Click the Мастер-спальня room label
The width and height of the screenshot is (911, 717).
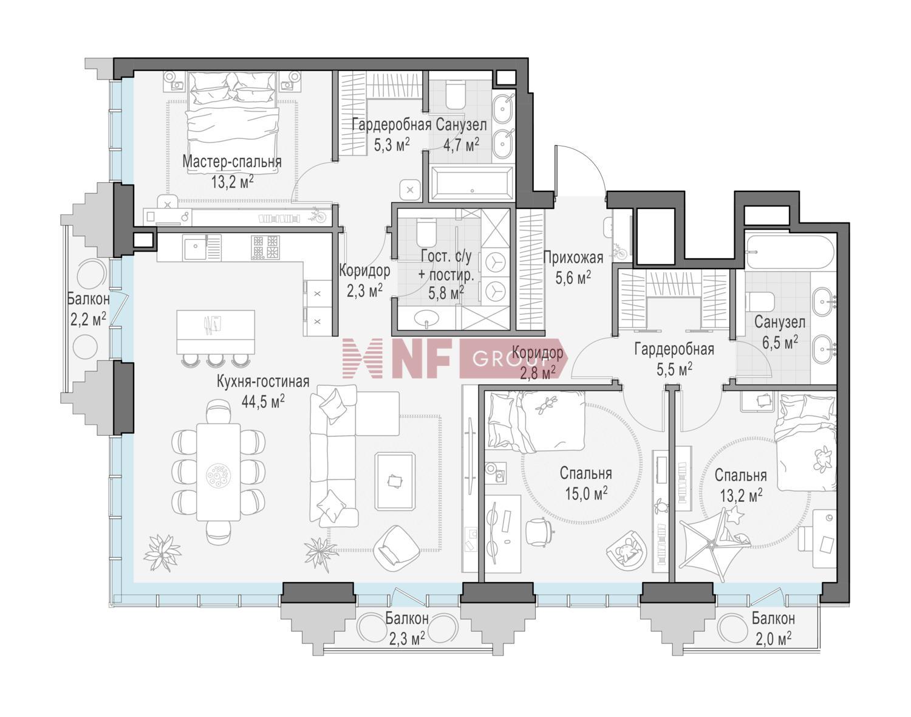click(232, 162)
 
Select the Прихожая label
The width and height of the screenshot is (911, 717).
click(573, 258)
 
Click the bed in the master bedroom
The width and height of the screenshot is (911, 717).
click(234, 122)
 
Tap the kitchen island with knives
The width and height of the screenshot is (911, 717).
click(216, 332)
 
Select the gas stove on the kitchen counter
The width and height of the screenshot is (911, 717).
click(265, 247)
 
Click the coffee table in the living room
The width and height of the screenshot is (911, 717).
click(395, 481)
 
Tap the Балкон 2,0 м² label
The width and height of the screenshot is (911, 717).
click(773, 628)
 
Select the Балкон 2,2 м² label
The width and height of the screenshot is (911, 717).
click(88, 309)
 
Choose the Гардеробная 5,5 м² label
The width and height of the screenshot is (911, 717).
click(674, 358)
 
